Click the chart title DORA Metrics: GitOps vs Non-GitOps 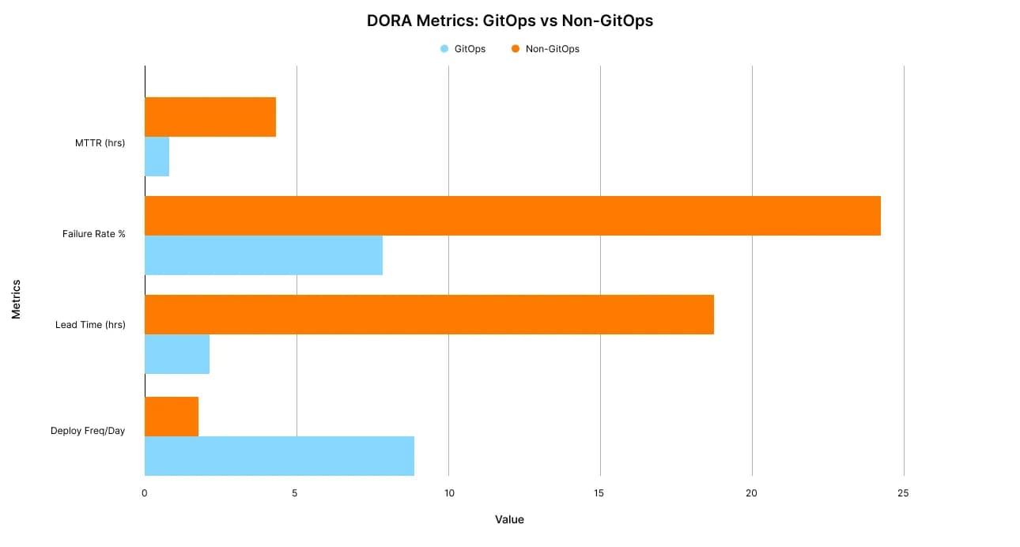[509, 21]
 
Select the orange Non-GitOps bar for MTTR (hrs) [210, 117]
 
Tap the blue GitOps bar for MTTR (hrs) [157, 157]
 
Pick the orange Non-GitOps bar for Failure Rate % [512, 216]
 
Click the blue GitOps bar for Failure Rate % [263, 255]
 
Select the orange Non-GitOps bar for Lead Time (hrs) [429, 315]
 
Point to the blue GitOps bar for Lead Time [177, 354]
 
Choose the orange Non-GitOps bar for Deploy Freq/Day [172, 417]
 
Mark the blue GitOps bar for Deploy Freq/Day [279, 456]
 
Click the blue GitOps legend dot [444, 49]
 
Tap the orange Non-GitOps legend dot [516, 49]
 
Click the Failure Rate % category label [93, 234]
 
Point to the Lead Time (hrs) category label [90, 325]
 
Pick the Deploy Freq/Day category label [88, 431]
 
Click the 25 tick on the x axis [903, 493]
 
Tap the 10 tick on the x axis [448, 493]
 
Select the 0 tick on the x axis [145, 493]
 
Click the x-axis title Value [509, 519]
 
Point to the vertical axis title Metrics [16, 299]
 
